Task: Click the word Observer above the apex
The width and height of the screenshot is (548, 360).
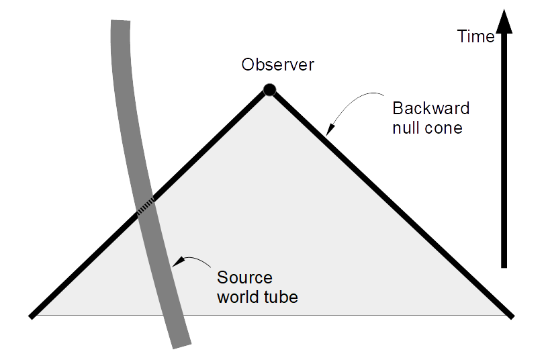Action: click(x=277, y=65)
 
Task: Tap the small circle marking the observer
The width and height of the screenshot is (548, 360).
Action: click(x=269, y=89)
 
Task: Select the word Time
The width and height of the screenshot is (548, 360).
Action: click(x=475, y=37)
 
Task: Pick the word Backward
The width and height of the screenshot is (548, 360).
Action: click(x=430, y=109)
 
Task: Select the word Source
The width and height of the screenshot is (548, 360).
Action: click(x=244, y=278)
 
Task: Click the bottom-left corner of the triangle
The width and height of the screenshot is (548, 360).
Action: click(x=32, y=314)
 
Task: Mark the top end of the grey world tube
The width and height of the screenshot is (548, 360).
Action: click(x=120, y=24)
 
